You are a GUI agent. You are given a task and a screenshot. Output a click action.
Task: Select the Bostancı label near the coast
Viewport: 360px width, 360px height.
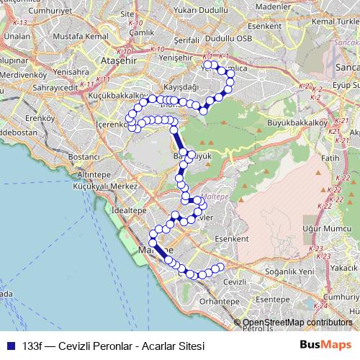click(82, 156)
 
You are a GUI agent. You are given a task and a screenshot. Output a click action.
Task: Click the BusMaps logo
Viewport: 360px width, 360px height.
click(325, 345)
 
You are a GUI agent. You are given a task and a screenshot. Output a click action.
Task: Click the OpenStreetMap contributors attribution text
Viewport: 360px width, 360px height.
click(297, 323)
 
